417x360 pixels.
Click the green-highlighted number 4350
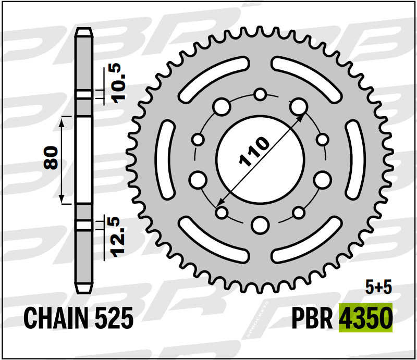click(366, 318)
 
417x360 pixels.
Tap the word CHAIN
click(56, 318)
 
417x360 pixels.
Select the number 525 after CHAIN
click(114, 318)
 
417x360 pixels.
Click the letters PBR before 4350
click(312, 318)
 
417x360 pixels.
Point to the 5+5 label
click(378, 287)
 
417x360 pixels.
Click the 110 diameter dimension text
click(254, 152)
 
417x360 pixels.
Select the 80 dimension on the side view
click(51, 157)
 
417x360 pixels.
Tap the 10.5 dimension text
click(118, 83)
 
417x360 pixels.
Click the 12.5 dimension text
click(117, 237)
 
